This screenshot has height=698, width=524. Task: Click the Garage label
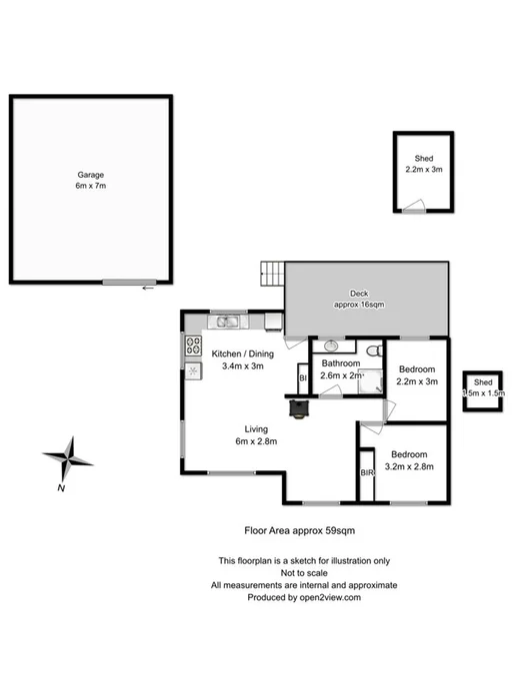pyautogui.click(x=91, y=180)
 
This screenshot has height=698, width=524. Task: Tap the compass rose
pyautogui.click(x=67, y=459)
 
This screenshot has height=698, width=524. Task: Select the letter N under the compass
pyautogui.click(x=61, y=488)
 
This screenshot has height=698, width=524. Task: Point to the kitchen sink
pyautogui.click(x=226, y=321)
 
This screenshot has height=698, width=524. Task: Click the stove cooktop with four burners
pyautogui.click(x=193, y=347)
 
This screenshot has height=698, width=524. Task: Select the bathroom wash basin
pyautogui.click(x=330, y=349)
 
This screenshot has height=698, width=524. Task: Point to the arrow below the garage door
pyautogui.click(x=148, y=290)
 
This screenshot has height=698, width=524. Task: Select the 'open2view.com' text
pyautogui.click(x=324, y=597)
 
